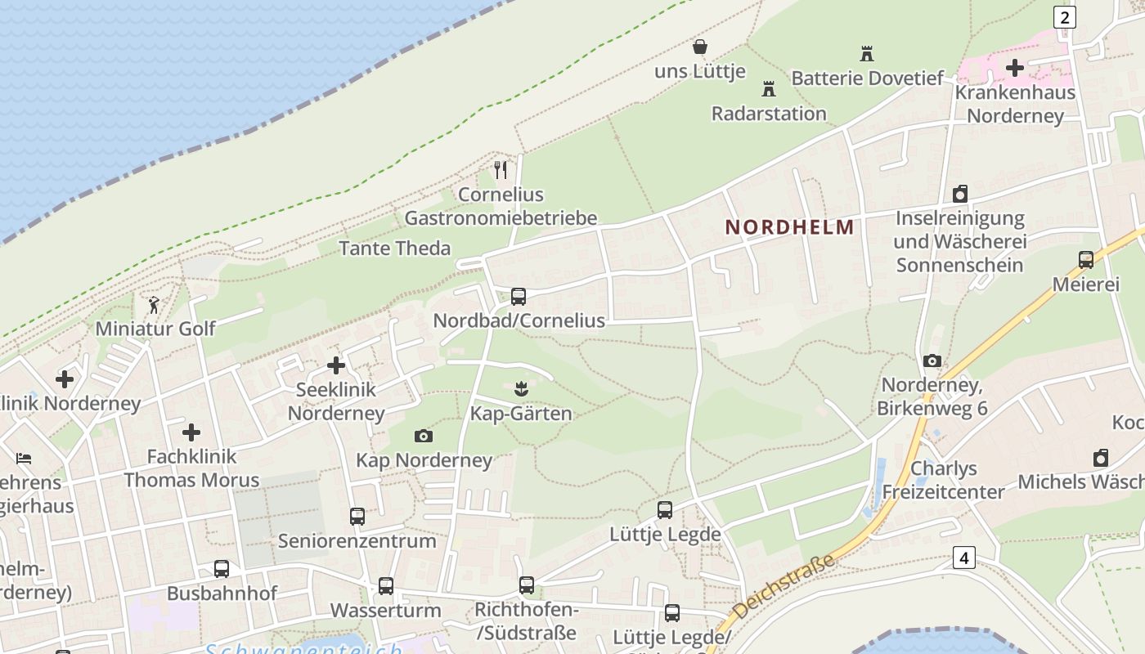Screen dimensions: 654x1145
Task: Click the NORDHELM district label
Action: pyautogui.click(x=789, y=227)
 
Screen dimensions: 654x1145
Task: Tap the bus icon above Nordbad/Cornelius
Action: pyautogui.click(x=518, y=297)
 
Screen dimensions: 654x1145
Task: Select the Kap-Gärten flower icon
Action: pyautogui.click(x=520, y=387)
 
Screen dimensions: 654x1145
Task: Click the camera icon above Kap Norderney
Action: pyautogui.click(x=423, y=436)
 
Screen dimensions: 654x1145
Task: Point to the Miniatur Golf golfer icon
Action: pyautogui.click(x=154, y=306)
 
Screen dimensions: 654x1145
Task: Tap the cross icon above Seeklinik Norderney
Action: pyautogui.click(x=335, y=365)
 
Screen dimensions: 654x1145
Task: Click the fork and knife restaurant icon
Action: pyautogui.click(x=501, y=170)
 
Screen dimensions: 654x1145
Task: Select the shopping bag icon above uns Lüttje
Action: pyautogui.click(x=699, y=47)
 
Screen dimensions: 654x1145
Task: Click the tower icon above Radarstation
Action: pyautogui.click(x=768, y=88)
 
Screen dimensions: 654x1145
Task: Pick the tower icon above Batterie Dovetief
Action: pyautogui.click(x=867, y=54)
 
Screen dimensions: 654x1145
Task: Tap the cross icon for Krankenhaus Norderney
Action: pyautogui.click(x=1014, y=68)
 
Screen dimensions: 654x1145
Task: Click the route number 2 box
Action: pyautogui.click(x=1064, y=16)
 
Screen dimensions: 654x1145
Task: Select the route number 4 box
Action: pyautogui.click(x=964, y=558)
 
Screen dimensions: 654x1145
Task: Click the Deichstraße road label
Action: pyautogui.click(x=783, y=587)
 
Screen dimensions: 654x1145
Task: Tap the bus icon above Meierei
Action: pyautogui.click(x=1085, y=260)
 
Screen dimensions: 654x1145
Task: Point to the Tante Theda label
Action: pyautogui.click(x=394, y=249)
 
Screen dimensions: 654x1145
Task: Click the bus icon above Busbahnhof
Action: pyautogui.click(x=222, y=569)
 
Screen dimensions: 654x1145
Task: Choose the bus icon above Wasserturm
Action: pyautogui.click(x=385, y=586)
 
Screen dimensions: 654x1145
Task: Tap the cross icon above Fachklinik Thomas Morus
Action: pyautogui.click(x=191, y=432)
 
